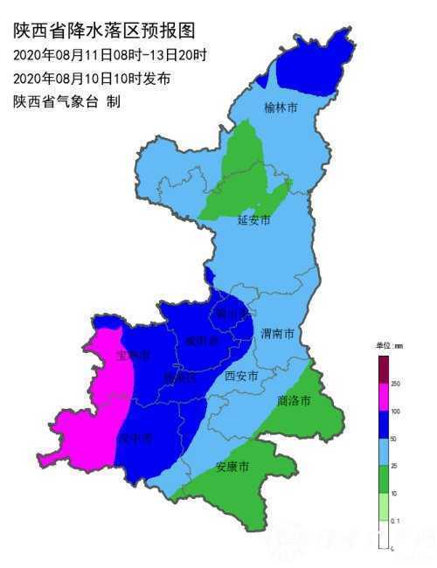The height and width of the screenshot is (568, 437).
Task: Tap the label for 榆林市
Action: pos(281,108)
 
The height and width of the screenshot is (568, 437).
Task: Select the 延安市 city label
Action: pos(254,220)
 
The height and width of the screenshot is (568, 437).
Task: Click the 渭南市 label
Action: pos(277,334)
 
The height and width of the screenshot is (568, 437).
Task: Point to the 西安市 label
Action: pos(241,377)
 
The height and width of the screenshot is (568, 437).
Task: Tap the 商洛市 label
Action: pos(293,400)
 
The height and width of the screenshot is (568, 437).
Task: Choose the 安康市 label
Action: pos(232,468)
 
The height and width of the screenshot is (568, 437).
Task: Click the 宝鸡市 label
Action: pos(134,356)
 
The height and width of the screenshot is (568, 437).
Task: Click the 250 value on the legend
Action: pos(395,384)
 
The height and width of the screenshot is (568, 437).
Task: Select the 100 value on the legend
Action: pos(395,412)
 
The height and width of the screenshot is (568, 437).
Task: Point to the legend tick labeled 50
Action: pos(394,439)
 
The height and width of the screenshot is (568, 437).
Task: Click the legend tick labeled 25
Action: pos(394,467)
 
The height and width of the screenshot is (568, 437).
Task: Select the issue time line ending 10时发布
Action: pos(92,79)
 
